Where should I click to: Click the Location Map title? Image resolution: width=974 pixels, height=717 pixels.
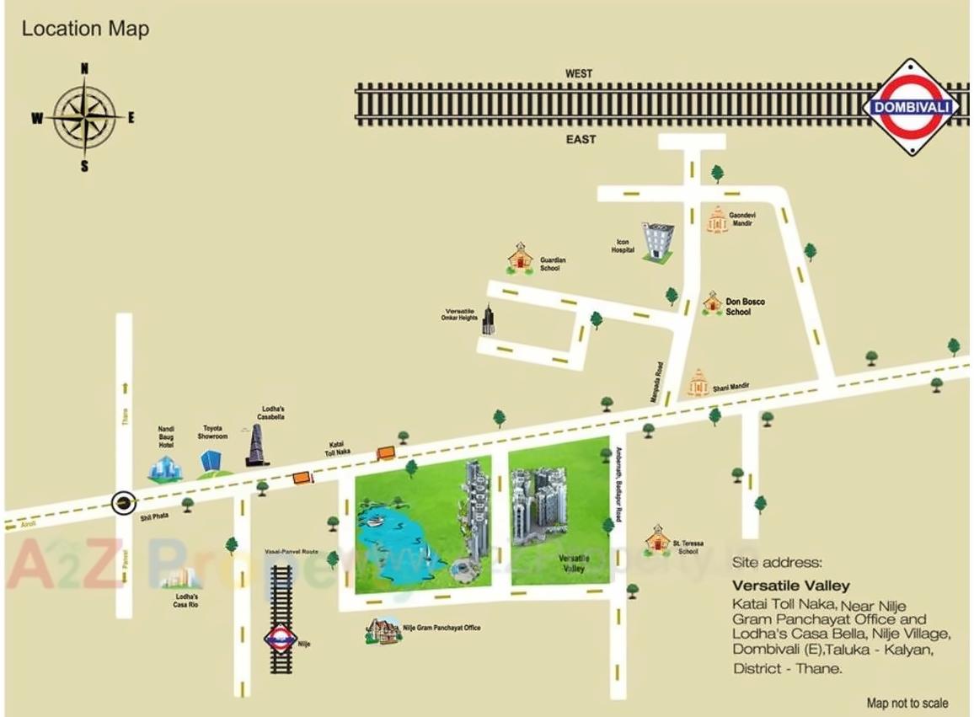pos(85,29)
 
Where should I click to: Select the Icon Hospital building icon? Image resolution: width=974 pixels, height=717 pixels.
pos(656,242)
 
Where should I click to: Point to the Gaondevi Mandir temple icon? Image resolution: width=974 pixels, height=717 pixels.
pos(715,222)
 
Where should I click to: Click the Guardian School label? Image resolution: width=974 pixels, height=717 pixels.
pos(552,265)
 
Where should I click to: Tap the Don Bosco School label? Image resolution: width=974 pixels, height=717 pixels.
pos(745,307)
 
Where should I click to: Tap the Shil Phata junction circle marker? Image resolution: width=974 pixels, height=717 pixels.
pos(124,504)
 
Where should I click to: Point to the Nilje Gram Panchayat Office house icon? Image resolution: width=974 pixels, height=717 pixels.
pos(383,630)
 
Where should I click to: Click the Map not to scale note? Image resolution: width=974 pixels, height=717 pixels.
pos(907,703)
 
